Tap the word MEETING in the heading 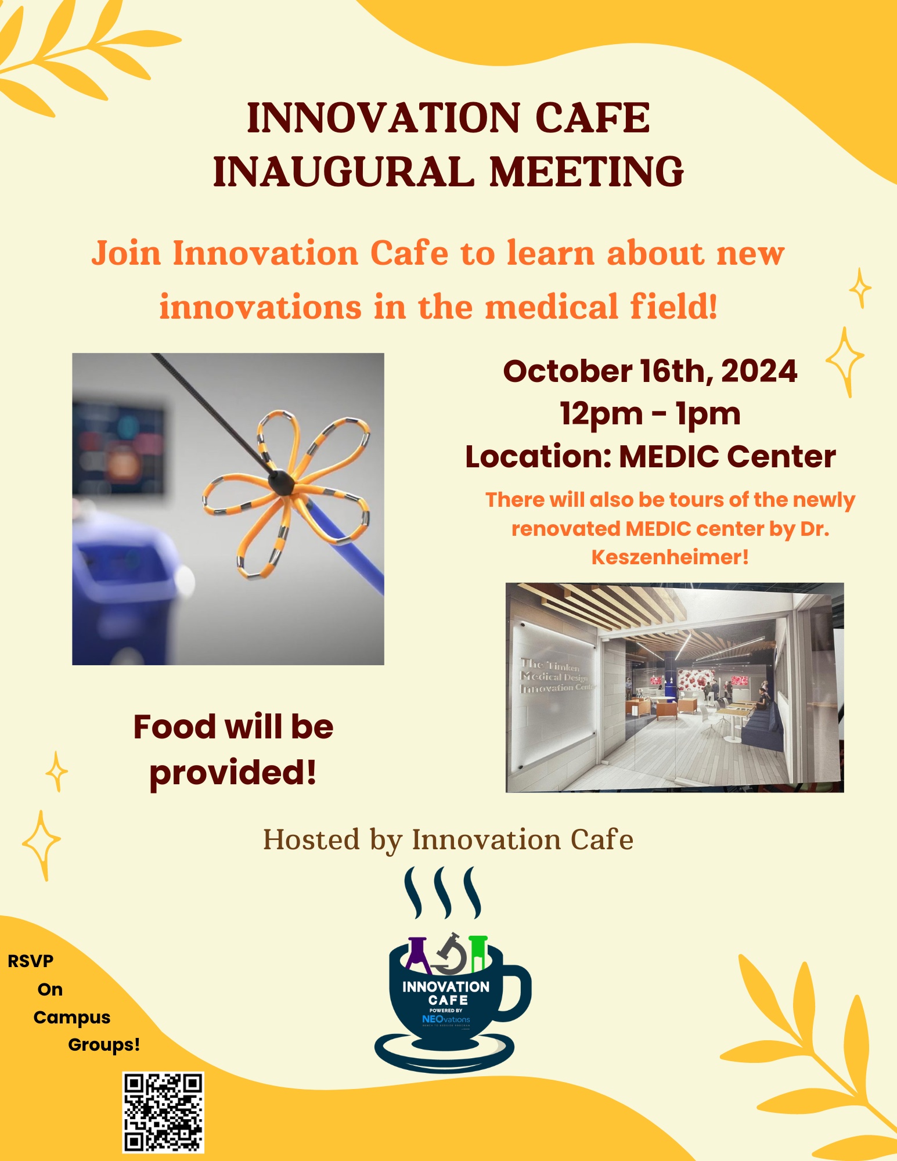pos(586,172)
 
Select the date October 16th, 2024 pos(650,371)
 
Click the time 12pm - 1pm pos(650,414)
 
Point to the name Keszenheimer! pos(669,557)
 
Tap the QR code pos(163,1112)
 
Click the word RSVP pos(31,961)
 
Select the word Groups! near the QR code pos(104,1045)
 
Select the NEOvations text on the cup pos(446,1019)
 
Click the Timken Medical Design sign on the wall pos(554,677)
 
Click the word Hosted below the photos pos(311,840)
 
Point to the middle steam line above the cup pos(444,892)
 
